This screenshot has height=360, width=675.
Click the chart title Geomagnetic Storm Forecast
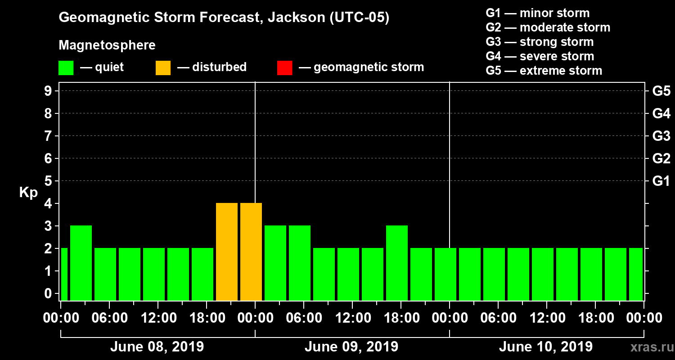click(224, 18)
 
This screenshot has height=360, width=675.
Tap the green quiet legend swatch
click(66, 68)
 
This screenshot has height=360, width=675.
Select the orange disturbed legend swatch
click(163, 68)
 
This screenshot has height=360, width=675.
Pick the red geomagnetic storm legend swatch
click(284, 68)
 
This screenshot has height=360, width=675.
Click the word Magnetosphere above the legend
click(107, 45)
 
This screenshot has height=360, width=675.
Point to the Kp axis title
click(28, 193)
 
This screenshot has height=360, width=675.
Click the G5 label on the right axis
click(661, 91)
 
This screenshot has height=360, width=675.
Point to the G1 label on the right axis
click(661, 181)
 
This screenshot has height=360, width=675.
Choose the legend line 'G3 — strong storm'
click(540, 42)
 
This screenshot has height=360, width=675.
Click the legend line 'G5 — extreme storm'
click(544, 71)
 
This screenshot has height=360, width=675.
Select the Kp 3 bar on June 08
click(81, 263)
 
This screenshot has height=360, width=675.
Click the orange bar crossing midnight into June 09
click(251, 252)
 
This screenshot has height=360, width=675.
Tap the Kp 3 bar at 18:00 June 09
click(397, 263)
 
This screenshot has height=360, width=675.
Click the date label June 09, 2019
click(351, 347)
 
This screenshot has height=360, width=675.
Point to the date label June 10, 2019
click(545, 347)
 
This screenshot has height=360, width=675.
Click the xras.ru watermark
click(649, 347)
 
